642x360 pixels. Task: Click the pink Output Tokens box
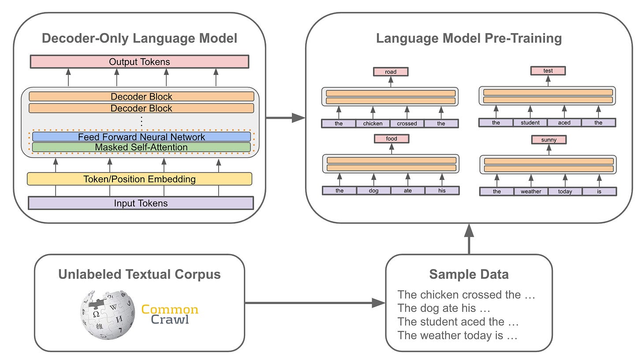(x=139, y=62)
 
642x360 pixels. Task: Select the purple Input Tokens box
(x=141, y=203)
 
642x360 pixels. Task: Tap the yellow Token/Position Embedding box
(x=139, y=179)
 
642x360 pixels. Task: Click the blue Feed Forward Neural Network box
(x=141, y=137)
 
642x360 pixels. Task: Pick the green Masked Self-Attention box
(x=141, y=147)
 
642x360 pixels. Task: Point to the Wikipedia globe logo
(x=108, y=314)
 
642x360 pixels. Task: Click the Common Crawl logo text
(x=170, y=314)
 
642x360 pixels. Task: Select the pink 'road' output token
(x=391, y=71)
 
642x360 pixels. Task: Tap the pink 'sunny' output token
(x=549, y=140)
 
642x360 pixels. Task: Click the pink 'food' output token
(x=392, y=139)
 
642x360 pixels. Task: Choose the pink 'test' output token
(x=548, y=71)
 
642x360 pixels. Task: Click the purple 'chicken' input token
(x=373, y=124)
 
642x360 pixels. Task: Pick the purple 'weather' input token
(x=531, y=191)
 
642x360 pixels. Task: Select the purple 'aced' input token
(x=564, y=123)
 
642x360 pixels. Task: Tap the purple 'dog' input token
(x=373, y=191)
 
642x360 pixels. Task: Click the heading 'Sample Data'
(x=469, y=274)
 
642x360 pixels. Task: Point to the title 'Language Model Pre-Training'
(x=469, y=38)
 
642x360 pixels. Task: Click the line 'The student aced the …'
(x=457, y=322)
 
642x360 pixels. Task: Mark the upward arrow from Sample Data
(x=469, y=238)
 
